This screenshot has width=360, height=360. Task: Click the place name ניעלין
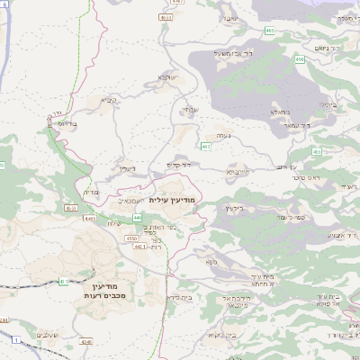[125, 168]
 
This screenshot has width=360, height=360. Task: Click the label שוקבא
[166, 77]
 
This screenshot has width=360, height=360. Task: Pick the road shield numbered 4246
[86, 341]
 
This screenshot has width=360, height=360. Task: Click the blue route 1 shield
[16, 339]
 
